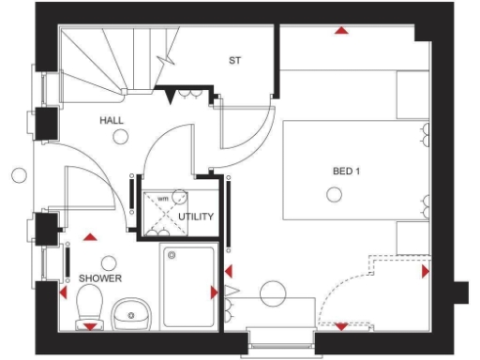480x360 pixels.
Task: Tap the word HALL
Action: pos(112,121)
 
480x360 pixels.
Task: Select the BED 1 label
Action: pos(346,172)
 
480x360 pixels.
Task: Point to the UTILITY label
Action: pos(196,217)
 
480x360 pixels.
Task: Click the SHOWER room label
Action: pos(100,278)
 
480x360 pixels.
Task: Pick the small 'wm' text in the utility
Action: pos(162,199)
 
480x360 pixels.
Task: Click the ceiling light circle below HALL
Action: pos(120,138)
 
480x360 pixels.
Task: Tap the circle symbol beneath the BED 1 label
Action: pos(332,194)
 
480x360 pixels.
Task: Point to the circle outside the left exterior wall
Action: pos(19,174)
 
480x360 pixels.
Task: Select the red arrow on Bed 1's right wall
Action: pos(426,271)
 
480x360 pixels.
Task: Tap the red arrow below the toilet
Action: pos(89,326)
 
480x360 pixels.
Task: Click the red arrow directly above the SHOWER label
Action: pos(90,238)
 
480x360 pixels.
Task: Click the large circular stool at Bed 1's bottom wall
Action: pos(275,294)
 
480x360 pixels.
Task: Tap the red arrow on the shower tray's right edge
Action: pos(215,292)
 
